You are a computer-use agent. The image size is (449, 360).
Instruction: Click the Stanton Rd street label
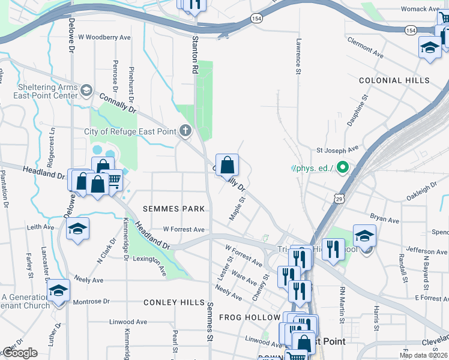[195, 55]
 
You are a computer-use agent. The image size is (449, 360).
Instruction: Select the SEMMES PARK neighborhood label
[173, 209]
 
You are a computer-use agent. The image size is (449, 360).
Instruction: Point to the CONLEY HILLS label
[173, 302]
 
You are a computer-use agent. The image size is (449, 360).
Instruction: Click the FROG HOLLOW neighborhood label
[250, 317]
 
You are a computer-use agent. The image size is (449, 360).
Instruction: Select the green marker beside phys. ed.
[343, 167]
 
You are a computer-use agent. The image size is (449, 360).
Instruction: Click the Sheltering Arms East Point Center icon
[86, 90]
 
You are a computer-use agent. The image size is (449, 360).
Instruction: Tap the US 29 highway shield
[339, 199]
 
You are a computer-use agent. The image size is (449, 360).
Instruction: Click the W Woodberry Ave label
[104, 37]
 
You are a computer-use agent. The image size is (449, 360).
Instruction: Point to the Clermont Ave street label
[364, 50]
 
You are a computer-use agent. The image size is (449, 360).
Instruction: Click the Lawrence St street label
[298, 58]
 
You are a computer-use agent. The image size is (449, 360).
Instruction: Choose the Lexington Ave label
[150, 265]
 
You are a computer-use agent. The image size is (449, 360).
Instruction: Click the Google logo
[20, 353]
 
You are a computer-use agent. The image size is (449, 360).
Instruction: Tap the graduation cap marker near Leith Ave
[77, 229]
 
